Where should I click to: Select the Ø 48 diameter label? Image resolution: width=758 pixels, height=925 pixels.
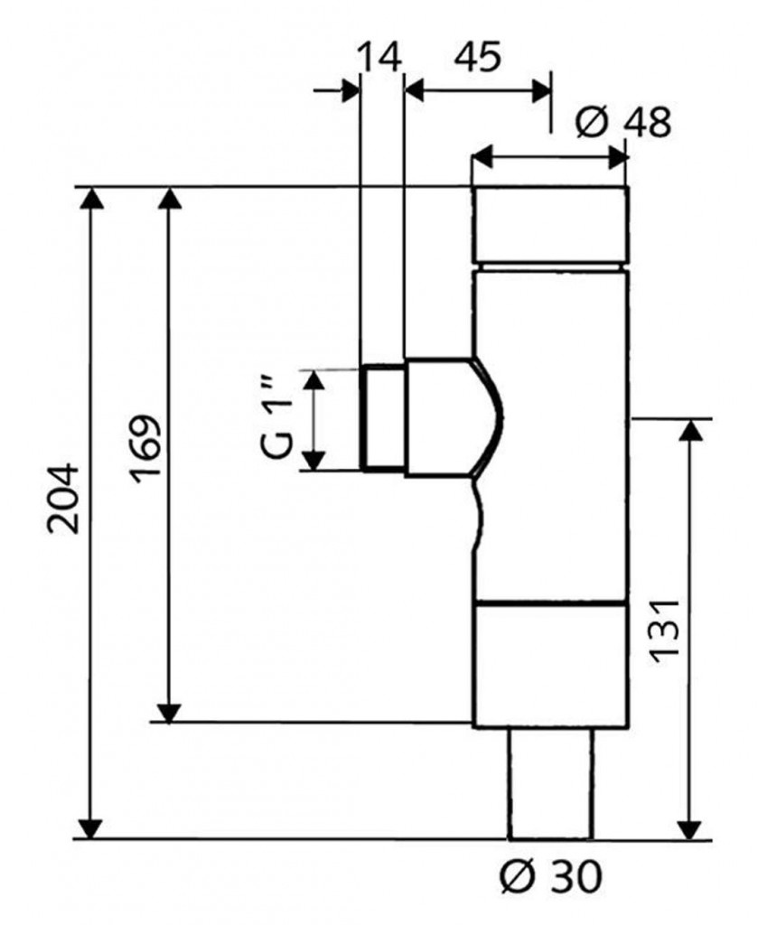click(623, 122)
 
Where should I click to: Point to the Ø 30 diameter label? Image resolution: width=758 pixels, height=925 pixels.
click(550, 874)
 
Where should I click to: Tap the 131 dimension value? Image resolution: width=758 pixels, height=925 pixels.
click(666, 629)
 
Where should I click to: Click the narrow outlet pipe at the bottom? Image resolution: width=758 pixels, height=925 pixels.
click(549, 782)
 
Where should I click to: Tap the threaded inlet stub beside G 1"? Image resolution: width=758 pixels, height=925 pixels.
click(382, 417)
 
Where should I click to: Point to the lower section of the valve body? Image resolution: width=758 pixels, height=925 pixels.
click(549, 665)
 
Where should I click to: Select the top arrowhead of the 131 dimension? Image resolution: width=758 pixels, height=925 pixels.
click(690, 431)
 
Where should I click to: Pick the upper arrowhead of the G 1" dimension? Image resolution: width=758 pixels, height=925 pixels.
click(312, 380)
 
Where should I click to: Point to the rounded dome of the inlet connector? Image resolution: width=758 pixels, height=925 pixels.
click(484, 417)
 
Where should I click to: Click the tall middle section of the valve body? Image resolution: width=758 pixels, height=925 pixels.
click(549, 434)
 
